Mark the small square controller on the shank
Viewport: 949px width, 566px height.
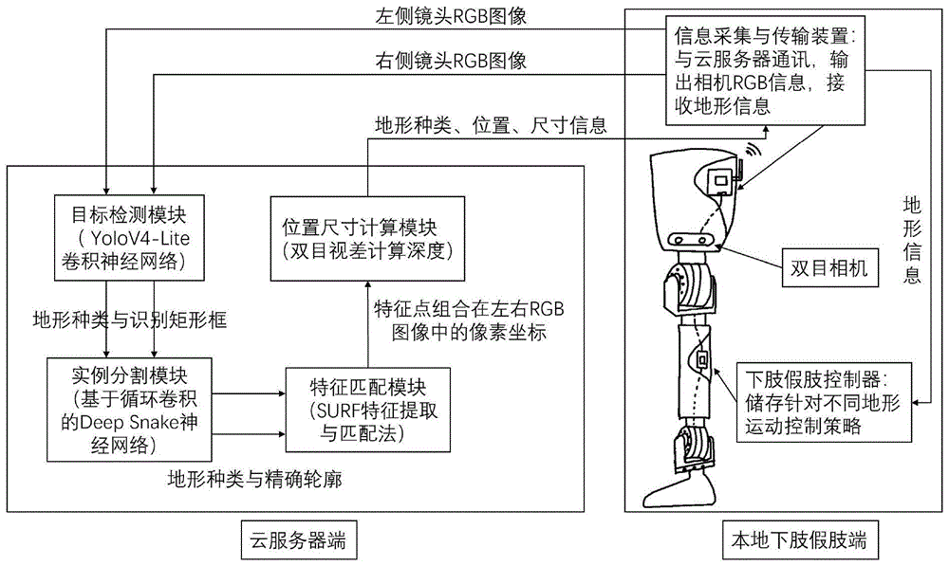(x=703, y=361)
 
